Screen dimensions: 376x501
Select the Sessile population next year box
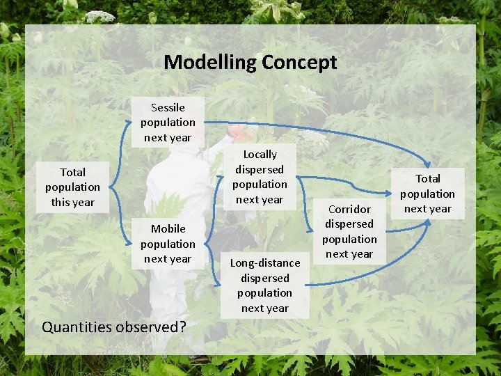[168, 122]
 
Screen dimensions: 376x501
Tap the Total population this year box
[72, 187]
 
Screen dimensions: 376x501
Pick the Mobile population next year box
[168, 244]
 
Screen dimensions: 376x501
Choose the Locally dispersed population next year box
[260, 177]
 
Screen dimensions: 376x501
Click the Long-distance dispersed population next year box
[264, 285]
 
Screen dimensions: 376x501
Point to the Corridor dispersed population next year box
[349, 231]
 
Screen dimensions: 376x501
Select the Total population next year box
[427, 194]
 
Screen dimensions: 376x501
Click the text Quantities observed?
[113, 326]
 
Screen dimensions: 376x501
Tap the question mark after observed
[182, 326]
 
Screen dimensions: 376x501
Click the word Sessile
[168, 107]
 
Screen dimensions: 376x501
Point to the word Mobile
[168, 228]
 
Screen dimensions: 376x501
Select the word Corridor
[349, 209]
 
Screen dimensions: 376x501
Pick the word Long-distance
[264, 263]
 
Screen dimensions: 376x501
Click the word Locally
[260, 155]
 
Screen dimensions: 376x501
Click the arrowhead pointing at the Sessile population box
[130, 123]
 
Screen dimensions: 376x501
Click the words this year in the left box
[72, 202]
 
